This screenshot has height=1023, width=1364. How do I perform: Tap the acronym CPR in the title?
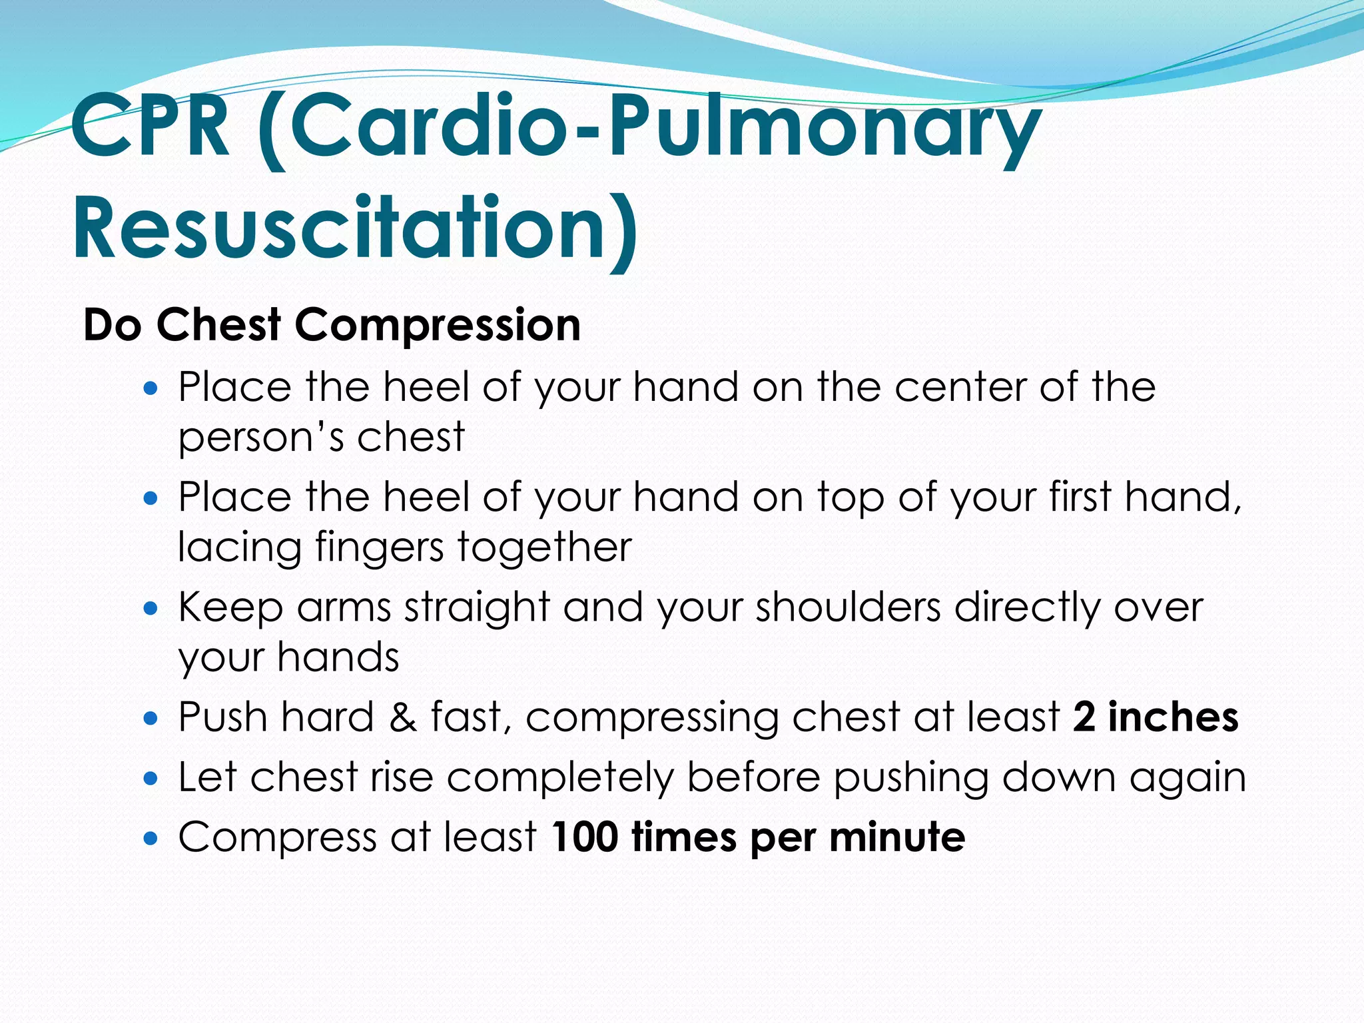151,127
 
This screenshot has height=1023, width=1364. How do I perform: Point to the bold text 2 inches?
1156,717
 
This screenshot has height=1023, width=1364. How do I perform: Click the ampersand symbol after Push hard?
402,717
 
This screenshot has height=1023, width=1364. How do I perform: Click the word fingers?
379,549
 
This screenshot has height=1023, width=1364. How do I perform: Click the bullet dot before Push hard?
151,719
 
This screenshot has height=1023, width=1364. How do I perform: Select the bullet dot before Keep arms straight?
151,608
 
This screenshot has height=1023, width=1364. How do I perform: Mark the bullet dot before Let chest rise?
151,778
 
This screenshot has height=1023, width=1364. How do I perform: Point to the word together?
543,549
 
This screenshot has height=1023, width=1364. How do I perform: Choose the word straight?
477,607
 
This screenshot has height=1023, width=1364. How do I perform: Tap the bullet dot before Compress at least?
151,838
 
